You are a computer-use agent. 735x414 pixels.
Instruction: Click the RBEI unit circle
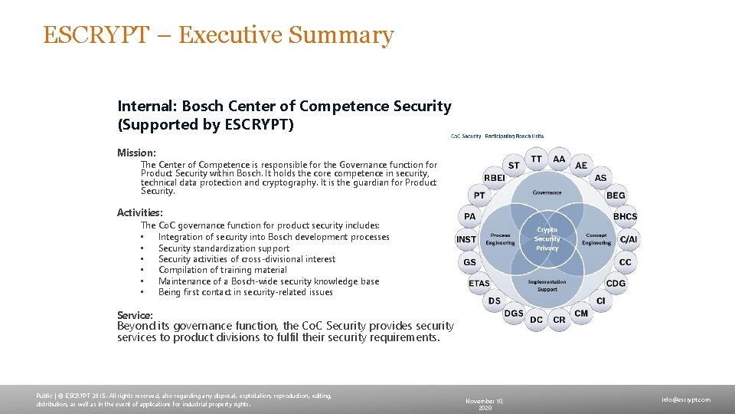click(494, 178)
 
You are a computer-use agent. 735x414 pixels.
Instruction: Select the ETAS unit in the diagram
click(479, 283)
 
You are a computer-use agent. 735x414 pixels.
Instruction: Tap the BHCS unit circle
click(625, 216)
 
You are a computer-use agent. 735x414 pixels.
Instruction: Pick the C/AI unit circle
click(628, 239)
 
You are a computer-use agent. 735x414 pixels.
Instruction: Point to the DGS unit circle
click(514, 313)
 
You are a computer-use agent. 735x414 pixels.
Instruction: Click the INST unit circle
click(466, 239)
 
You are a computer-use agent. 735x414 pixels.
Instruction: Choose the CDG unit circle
click(616, 283)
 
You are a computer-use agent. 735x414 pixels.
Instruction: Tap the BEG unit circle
click(616, 195)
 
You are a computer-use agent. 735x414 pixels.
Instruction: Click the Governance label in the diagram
click(547, 192)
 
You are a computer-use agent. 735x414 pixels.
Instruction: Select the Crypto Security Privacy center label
click(547, 238)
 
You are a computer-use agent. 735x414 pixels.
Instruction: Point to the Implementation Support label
click(547, 285)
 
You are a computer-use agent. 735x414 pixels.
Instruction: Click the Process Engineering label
click(501, 239)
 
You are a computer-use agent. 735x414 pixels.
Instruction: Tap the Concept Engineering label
click(596, 239)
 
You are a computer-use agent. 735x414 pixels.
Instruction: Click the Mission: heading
click(136, 153)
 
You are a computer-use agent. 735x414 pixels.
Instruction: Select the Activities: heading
click(140, 212)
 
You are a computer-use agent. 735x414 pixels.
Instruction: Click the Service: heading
click(135, 315)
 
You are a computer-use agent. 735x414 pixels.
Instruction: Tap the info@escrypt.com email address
click(686, 399)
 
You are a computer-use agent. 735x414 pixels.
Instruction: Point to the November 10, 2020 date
click(485, 404)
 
